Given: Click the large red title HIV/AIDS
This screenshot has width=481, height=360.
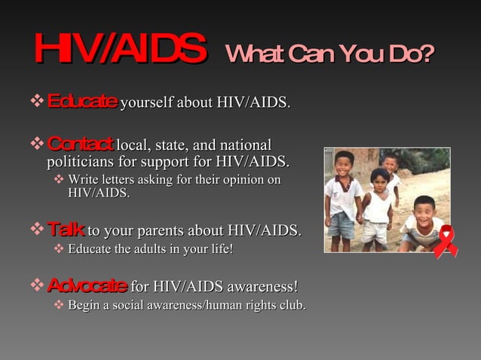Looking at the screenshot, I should click(x=119, y=50).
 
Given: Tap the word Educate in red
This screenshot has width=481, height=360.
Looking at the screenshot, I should click(x=82, y=101).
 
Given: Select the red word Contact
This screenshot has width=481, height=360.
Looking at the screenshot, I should click(x=80, y=143).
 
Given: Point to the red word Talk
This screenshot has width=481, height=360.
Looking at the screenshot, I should click(x=66, y=229).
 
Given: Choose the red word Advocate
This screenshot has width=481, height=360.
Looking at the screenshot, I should click(x=87, y=286).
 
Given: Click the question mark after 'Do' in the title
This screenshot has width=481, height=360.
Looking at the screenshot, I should click(x=427, y=54).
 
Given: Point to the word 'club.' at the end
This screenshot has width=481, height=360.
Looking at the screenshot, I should click(x=290, y=305).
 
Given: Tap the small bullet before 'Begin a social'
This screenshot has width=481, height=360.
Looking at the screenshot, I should click(x=60, y=305).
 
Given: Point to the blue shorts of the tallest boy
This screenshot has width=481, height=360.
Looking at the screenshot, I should click(x=342, y=224).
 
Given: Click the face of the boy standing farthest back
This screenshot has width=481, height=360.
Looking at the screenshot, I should click(x=390, y=163).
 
